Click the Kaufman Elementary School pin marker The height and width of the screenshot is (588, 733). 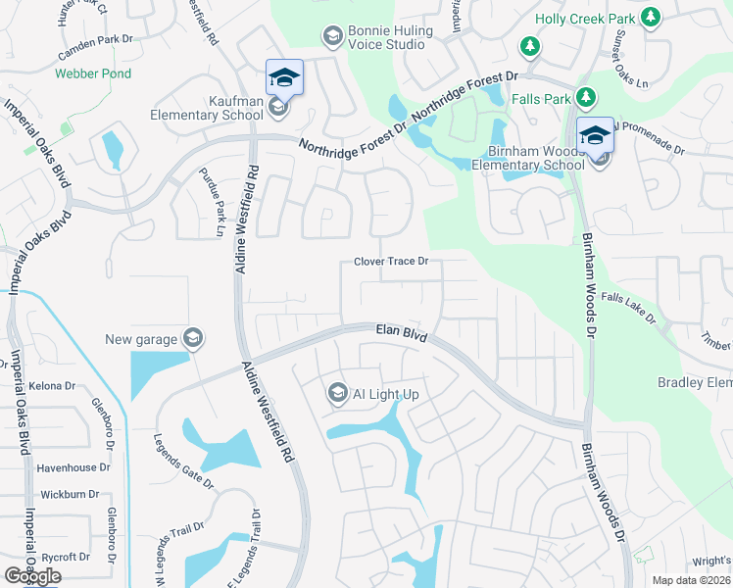click(x=284, y=77)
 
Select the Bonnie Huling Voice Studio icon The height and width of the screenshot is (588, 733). click(x=332, y=36)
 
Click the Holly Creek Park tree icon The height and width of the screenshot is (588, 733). click(x=649, y=18)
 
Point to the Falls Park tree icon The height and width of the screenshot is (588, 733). click(x=585, y=97)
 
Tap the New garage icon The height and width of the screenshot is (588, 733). click(x=193, y=339)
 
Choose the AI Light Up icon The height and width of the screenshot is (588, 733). click(x=338, y=393)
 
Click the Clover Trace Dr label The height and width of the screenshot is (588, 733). click(x=392, y=263)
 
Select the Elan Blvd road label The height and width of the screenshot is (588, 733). click(x=402, y=334)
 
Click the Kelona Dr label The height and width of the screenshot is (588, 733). click(x=53, y=386)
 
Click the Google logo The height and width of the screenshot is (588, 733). click(x=32, y=576)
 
